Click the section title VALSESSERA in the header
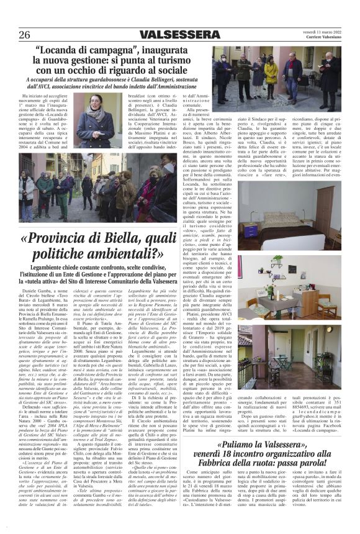pos(179,34)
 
